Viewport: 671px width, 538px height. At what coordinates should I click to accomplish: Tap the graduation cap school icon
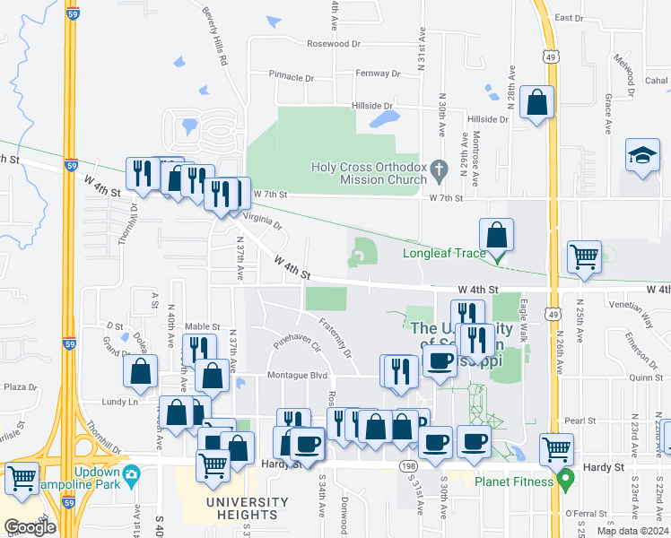pyautogui.click(x=643, y=157)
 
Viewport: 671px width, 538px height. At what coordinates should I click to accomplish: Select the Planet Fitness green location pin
pyautogui.click(x=565, y=481)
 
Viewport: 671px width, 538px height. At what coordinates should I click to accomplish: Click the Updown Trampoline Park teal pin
pyautogui.click(x=132, y=473)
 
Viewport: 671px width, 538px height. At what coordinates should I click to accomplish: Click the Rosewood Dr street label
pyautogui.click(x=333, y=43)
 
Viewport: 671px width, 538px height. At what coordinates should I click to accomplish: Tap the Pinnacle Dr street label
pyautogui.click(x=292, y=77)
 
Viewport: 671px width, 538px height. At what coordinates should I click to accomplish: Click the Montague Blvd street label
pyautogui.click(x=295, y=375)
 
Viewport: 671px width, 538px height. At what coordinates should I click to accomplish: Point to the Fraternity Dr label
pyautogui.click(x=334, y=331)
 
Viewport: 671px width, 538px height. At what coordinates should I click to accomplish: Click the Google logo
pyautogui.click(x=30, y=527)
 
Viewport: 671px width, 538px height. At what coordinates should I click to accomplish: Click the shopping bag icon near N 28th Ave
pyautogui.click(x=536, y=104)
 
